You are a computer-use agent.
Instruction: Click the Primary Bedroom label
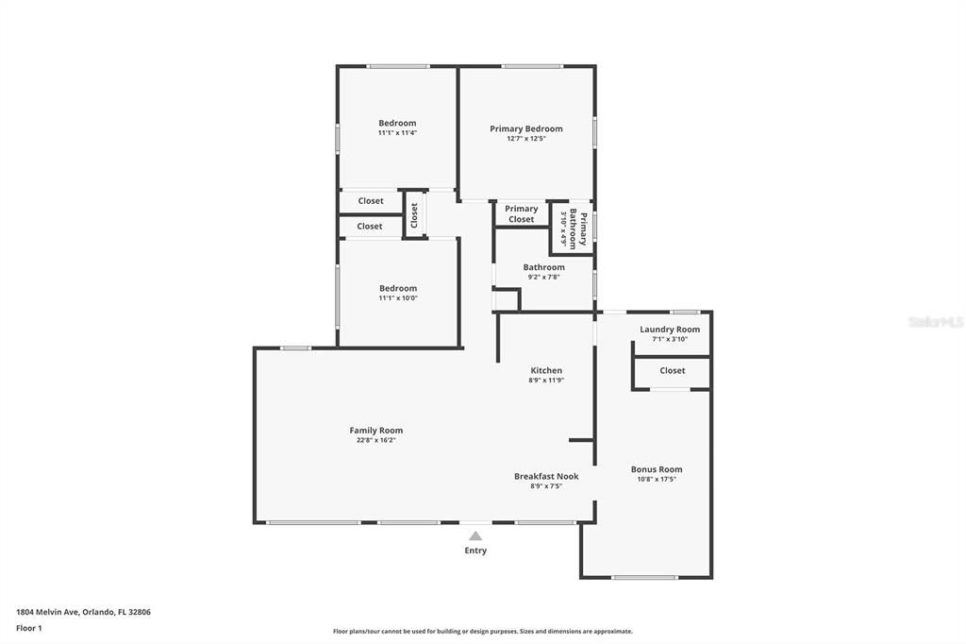(x=526, y=128)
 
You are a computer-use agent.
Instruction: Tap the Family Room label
(x=376, y=431)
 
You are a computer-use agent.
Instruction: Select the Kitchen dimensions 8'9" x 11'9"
(x=546, y=381)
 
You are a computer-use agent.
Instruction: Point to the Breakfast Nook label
(x=546, y=476)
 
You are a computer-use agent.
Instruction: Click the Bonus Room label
(x=657, y=469)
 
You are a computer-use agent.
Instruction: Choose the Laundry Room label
(x=670, y=330)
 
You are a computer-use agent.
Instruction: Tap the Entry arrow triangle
(x=475, y=536)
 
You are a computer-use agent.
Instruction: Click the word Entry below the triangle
(x=475, y=551)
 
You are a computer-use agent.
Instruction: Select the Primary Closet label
(x=521, y=214)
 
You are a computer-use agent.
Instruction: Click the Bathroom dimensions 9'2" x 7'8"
(x=544, y=278)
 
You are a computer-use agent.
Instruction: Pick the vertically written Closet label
(x=415, y=215)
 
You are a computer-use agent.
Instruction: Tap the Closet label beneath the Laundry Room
(x=672, y=371)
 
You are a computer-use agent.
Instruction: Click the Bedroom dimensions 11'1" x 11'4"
(x=397, y=133)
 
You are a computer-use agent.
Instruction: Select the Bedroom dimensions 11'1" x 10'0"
(x=398, y=298)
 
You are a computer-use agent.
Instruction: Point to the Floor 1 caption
(x=29, y=629)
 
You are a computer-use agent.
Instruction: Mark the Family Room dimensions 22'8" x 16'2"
(x=376, y=440)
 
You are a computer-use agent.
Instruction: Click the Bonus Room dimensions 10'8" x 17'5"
(x=657, y=480)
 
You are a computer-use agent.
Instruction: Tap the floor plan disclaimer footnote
(x=483, y=632)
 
